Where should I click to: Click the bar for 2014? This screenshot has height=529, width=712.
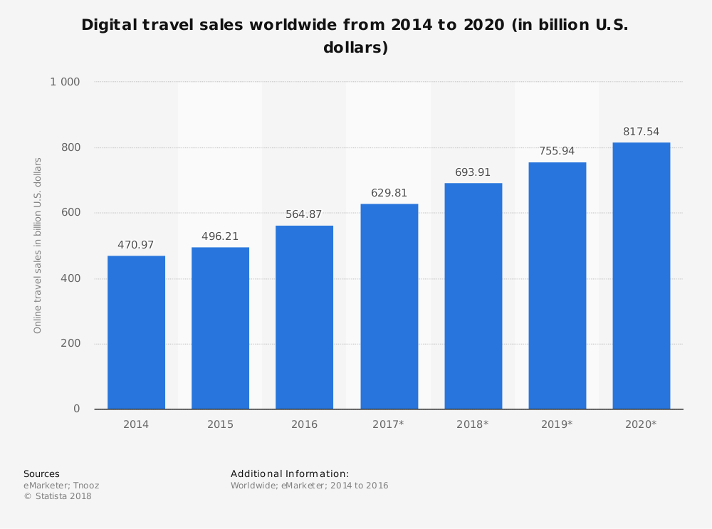click(x=136, y=332)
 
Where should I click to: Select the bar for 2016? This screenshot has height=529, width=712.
click(x=304, y=317)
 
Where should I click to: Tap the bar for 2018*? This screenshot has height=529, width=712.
click(x=473, y=295)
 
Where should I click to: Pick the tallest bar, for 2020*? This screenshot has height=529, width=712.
click(x=641, y=276)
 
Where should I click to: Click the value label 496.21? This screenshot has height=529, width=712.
click(x=220, y=236)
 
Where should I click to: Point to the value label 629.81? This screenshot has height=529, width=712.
click(x=389, y=193)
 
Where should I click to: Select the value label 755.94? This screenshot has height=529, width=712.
click(x=557, y=151)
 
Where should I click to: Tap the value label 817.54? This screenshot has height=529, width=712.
click(x=641, y=132)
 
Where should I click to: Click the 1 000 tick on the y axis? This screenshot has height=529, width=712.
click(x=65, y=82)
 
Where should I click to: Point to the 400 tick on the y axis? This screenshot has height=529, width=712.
click(x=70, y=278)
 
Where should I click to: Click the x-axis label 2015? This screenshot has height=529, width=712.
click(x=220, y=424)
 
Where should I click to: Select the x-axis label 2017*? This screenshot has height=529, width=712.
click(x=388, y=424)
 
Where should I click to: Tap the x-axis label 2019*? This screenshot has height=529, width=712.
click(x=556, y=424)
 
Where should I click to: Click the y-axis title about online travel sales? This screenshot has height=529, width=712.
click(x=38, y=245)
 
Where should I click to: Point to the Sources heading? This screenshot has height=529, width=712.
click(x=41, y=474)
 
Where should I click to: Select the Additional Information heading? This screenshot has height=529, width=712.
click(x=290, y=474)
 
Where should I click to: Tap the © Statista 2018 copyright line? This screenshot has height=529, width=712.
click(x=58, y=496)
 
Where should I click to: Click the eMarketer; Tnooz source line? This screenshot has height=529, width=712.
click(x=61, y=486)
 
